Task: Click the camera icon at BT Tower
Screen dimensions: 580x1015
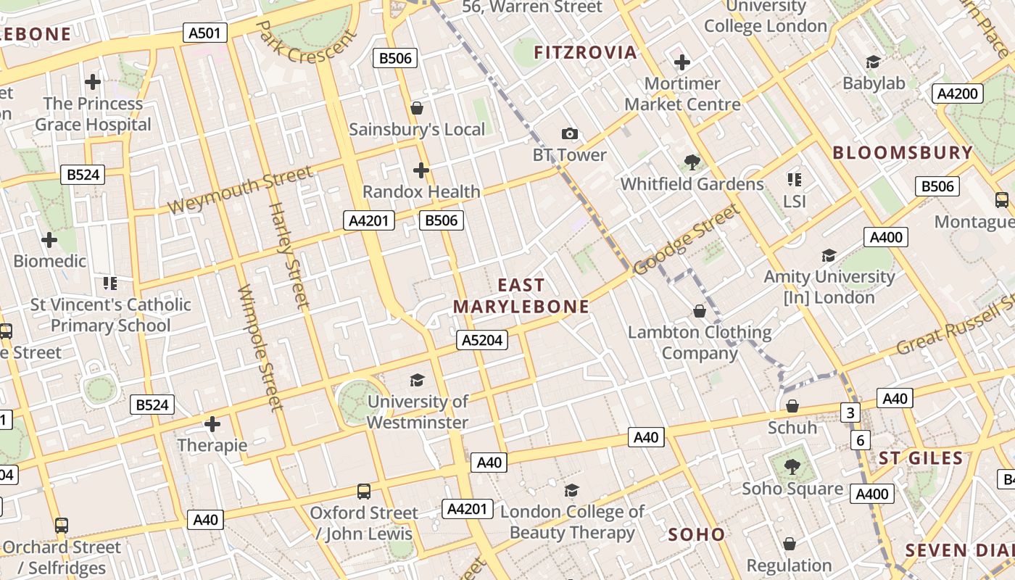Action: click(570, 133)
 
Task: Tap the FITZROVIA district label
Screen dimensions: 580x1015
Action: click(585, 52)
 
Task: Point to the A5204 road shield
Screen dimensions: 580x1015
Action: click(482, 340)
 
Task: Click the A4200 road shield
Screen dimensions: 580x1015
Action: click(958, 94)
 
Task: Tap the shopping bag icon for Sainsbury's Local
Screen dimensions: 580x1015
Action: click(417, 109)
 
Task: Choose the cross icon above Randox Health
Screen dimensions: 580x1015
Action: click(421, 170)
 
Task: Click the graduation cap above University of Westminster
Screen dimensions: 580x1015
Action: click(417, 380)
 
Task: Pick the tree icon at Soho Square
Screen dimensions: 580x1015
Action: click(792, 467)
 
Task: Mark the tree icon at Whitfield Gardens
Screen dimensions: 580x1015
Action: click(692, 162)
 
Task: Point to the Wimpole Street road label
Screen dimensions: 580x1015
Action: click(259, 347)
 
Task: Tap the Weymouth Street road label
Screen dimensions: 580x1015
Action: click(240, 190)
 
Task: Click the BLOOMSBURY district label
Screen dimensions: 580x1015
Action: click(902, 153)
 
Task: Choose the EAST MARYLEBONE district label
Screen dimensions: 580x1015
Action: click(521, 296)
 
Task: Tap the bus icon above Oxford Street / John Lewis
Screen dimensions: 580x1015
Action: click(364, 492)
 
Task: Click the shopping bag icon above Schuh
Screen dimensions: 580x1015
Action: click(792, 406)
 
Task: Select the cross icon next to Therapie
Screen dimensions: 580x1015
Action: click(212, 423)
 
